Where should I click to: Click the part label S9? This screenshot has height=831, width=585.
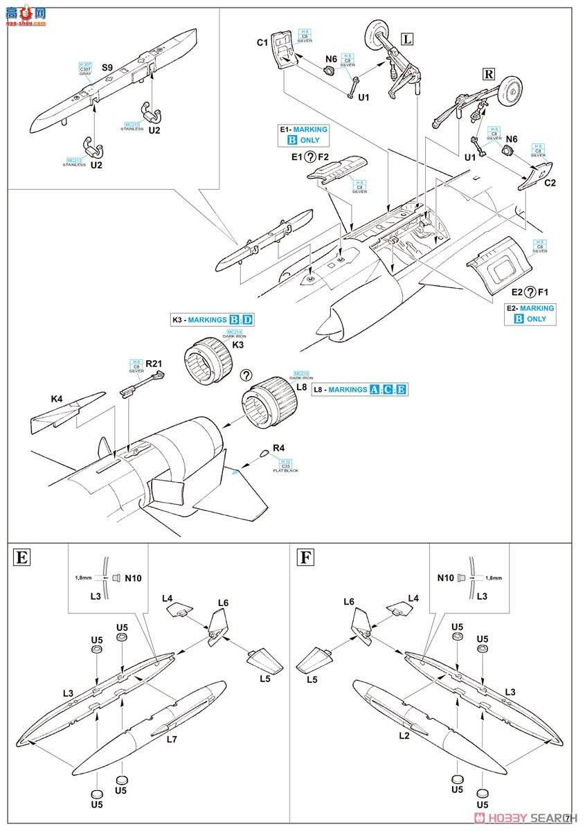coord(107,67)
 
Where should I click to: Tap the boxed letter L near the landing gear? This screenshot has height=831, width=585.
coord(407,39)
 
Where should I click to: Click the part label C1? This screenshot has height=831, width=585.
coord(262,43)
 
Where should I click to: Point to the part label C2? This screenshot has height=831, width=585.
coord(550,183)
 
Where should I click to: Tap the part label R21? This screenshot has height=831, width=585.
coord(154,363)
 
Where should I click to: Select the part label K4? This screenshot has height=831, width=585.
coord(56,399)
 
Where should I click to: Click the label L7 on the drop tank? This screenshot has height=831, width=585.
coord(172,740)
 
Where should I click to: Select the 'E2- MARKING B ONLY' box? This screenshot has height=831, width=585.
coord(530,314)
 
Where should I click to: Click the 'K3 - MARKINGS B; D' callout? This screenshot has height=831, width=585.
coord(213,320)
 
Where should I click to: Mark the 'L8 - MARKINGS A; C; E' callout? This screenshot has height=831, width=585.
coord(360,390)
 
